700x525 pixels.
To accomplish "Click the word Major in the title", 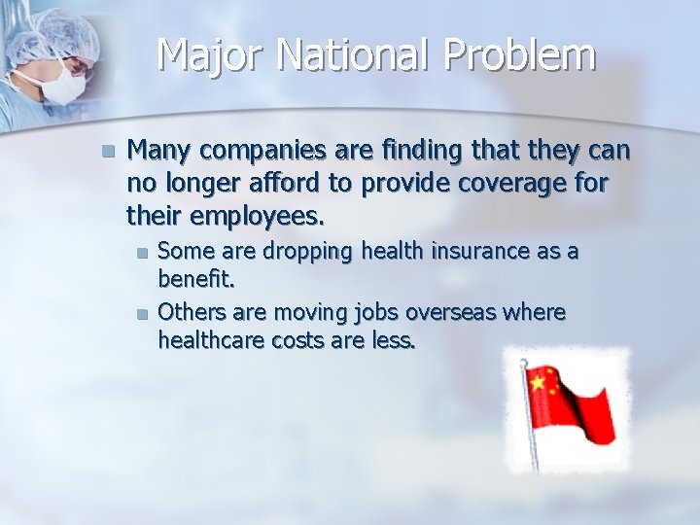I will point(210,55).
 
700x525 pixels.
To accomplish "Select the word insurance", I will point(477,252).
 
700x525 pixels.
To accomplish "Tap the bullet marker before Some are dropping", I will point(142,253).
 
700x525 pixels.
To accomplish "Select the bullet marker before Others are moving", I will point(142,313).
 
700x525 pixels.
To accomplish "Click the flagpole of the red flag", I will point(530,428).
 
